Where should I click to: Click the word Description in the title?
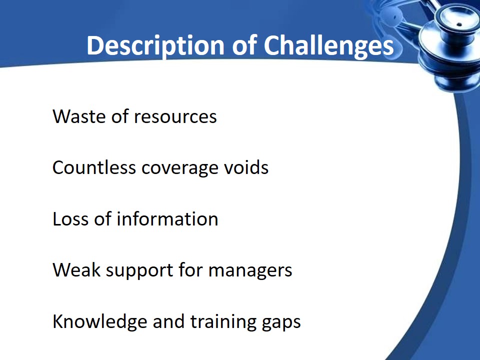(155, 46)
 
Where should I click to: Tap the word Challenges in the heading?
(328, 46)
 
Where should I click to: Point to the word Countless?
(94, 168)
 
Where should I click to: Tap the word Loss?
(70, 219)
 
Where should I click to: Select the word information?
(167, 219)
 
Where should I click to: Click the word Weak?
(76, 270)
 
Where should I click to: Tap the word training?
(223, 322)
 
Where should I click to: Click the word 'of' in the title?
(244, 45)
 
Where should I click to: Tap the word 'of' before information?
(102, 218)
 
